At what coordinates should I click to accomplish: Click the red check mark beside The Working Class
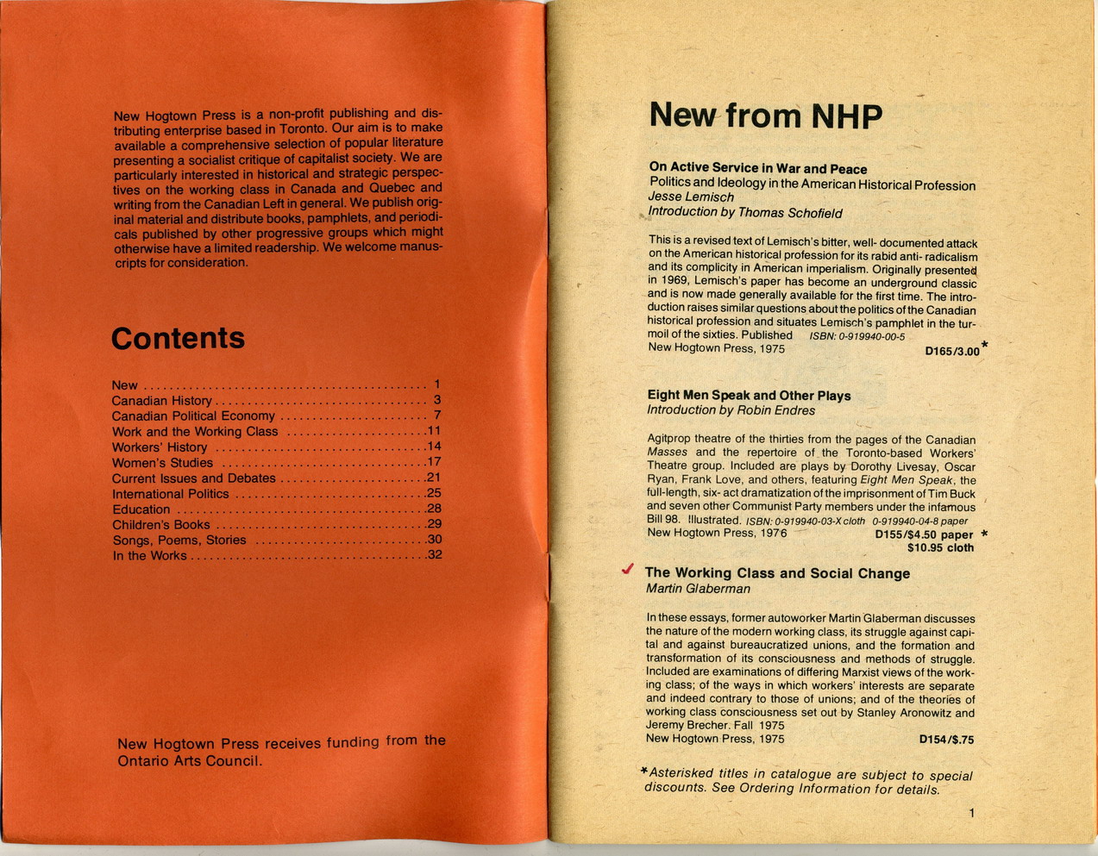(628, 570)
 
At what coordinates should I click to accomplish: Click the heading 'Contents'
(178, 338)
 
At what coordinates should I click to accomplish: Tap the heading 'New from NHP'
(765, 116)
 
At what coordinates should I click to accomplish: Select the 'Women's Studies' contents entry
(162, 463)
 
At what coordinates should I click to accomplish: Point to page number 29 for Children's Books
(434, 524)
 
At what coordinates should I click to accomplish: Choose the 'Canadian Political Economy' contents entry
(193, 416)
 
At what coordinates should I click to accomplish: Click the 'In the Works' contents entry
(149, 555)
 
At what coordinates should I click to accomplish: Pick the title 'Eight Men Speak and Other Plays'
(749, 396)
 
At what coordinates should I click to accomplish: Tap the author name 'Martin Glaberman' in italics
(698, 589)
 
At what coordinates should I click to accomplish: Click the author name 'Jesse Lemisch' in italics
(691, 197)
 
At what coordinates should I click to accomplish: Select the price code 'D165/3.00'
(951, 352)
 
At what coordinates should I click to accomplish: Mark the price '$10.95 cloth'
(940, 547)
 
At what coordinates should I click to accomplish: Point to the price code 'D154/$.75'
(946, 740)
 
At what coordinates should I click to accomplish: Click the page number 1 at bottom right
(971, 813)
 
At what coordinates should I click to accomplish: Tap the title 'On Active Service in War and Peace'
(757, 169)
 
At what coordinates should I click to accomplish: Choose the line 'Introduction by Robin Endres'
(731, 410)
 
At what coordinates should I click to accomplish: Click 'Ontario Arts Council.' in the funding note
(190, 760)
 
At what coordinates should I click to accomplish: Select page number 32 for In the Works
(434, 554)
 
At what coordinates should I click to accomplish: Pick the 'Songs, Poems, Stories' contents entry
(179, 540)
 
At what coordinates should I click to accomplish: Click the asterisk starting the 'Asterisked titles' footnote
(643, 770)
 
